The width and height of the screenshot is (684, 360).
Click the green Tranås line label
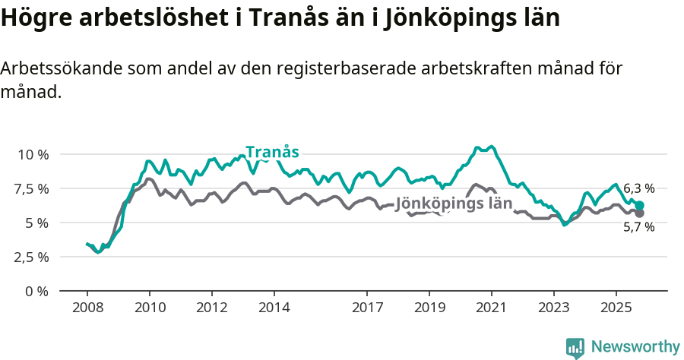pyautogui.click(x=272, y=151)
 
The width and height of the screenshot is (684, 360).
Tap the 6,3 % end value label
pyautogui.click(x=638, y=189)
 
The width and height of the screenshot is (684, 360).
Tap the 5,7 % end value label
pyautogui.click(x=638, y=226)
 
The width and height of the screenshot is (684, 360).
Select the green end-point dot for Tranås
pyautogui.click(x=640, y=206)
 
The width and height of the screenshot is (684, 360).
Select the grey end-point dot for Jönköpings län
pyautogui.click(x=640, y=213)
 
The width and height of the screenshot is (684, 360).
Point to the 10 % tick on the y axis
pyautogui.click(x=33, y=154)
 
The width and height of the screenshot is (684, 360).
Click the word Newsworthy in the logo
pyautogui.click(x=635, y=347)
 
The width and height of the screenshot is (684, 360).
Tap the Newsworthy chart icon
pyautogui.click(x=575, y=348)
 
